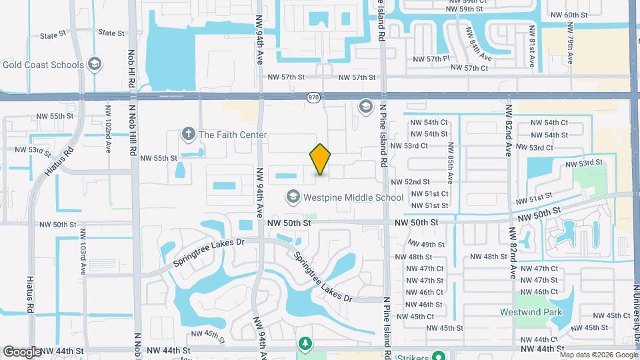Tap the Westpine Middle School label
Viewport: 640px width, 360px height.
[353, 197]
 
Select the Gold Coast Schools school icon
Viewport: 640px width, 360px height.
[95, 65]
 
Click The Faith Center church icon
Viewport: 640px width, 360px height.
[189, 134]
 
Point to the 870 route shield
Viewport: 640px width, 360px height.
[314, 97]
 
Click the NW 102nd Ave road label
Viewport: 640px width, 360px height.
[107, 121]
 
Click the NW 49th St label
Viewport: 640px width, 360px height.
[427, 245]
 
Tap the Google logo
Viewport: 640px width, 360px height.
[21, 351]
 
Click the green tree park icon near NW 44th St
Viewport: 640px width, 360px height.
[305, 343]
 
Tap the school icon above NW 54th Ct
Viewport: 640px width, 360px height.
[365, 106]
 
